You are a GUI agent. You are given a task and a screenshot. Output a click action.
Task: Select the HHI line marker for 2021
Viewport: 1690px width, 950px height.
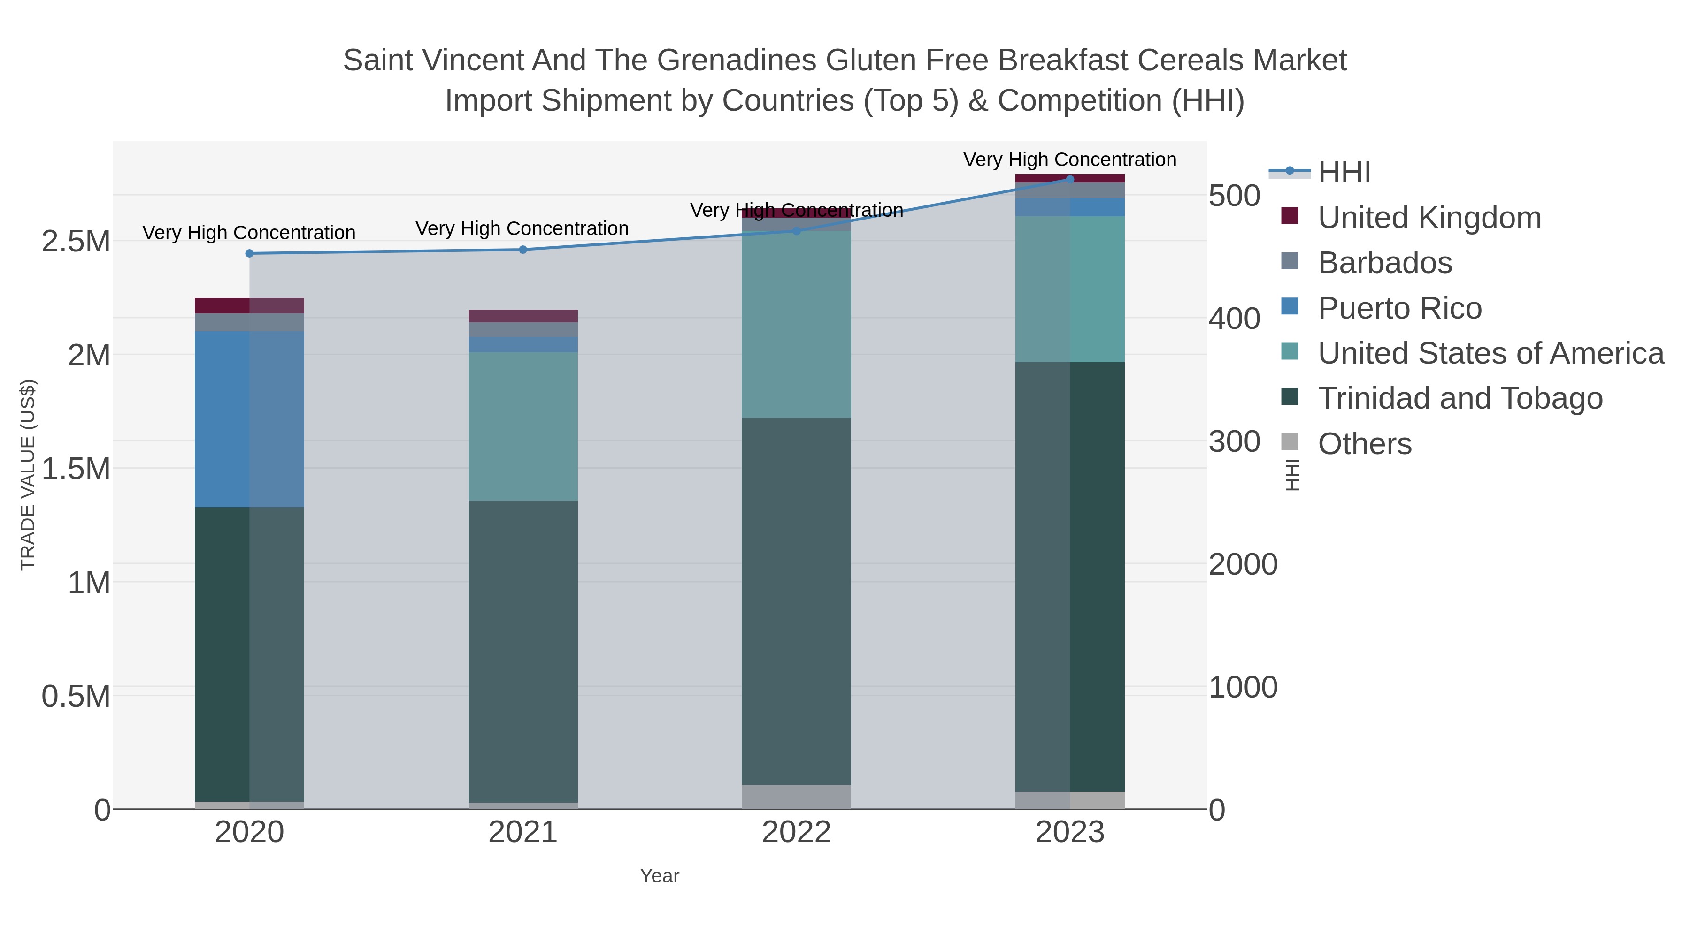(x=523, y=250)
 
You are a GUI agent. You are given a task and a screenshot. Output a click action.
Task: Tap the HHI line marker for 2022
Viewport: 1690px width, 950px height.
(x=797, y=231)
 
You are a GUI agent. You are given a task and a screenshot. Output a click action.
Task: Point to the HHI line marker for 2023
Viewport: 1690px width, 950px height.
(x=1070, y=180)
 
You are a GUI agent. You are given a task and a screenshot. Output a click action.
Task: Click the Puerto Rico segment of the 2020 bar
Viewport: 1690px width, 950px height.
(x=249, y=419)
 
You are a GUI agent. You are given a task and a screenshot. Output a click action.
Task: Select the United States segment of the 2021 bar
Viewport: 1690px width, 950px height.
(x=523, y=426)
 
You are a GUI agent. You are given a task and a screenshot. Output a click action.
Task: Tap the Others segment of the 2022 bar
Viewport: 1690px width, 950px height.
(x=797, y=797)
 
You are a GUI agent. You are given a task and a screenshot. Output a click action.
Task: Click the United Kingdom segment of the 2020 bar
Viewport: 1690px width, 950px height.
(x=249, y=305)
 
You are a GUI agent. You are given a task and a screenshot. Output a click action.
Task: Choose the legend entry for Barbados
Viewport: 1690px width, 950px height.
(x=1384, y=263)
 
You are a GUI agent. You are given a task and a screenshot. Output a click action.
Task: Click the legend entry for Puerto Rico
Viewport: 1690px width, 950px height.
(x=1399, y=308)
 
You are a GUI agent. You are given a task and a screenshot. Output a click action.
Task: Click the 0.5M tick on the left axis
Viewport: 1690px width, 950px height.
(x=76, y=696)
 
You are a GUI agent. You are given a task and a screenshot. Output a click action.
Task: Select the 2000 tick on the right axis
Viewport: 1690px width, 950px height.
(x=1243, y=564)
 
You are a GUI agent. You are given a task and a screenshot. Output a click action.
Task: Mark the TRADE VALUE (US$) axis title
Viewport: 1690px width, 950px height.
(x=28, y=475)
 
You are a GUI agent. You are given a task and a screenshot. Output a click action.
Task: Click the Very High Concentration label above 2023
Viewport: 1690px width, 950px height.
(x=1069, y=160)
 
